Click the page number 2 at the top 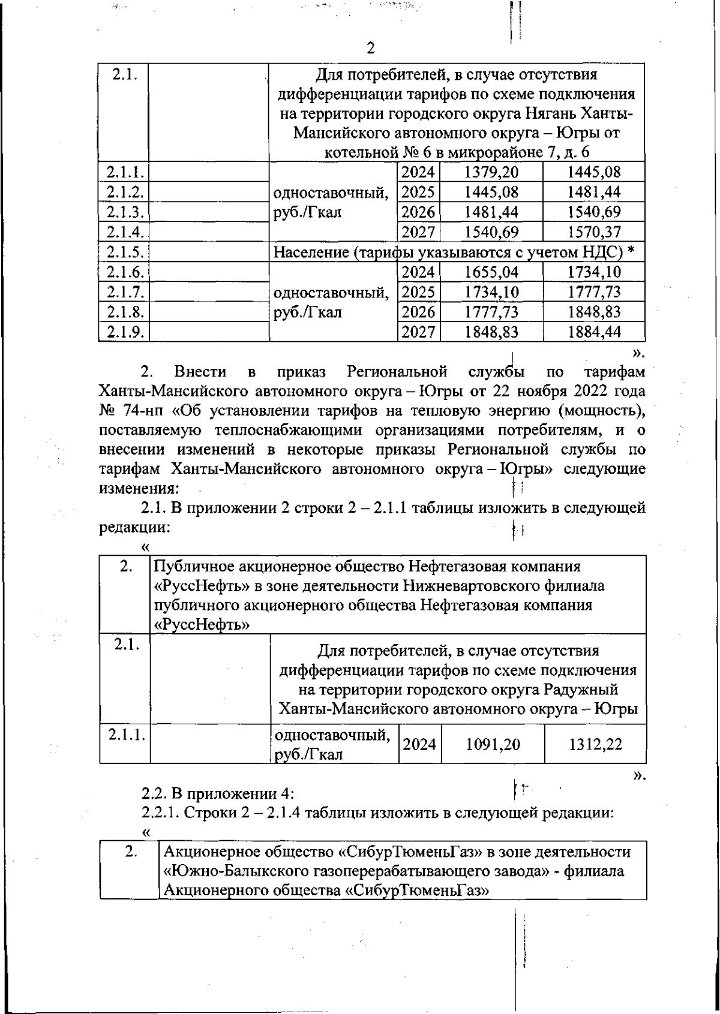(370, 47)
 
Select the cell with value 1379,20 (491, 173)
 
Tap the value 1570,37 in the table (593, 232)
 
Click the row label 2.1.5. (124, 252)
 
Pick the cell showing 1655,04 (491, 272)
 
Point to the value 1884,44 (593, 332)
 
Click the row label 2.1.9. (124, 332)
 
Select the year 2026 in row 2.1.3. (418, 212)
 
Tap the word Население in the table (311, 252)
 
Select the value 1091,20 (493, 745)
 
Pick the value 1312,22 (595, 745)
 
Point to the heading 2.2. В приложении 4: (217, 793)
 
